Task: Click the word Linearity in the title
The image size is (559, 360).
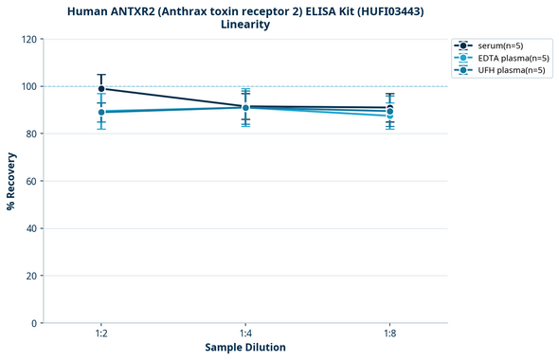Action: click(245, 25)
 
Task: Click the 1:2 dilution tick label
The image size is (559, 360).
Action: click(101, 334)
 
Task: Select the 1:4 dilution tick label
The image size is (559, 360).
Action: click(245, 334)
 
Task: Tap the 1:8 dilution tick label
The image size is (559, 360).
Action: click(389, 334)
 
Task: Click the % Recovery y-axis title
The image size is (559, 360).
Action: click(11, 181)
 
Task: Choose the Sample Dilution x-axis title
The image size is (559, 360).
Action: click(245, 348)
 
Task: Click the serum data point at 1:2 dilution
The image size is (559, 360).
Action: click(101, 89)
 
